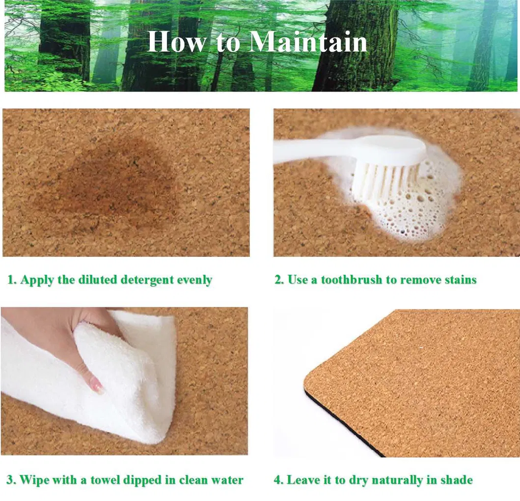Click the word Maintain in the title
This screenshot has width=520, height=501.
click(308, 42)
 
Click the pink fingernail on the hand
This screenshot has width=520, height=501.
click(97, 386)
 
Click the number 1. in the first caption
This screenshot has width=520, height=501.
click(12, 280)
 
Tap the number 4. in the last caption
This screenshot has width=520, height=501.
click(278, 480)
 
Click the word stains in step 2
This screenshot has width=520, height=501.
click(460, 280)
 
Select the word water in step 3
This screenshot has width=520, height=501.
click(228, 480)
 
